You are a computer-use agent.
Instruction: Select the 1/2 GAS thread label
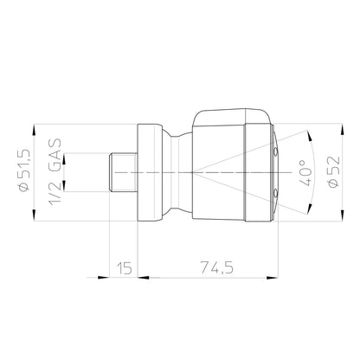click(x=55, y=172)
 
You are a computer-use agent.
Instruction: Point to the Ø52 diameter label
click(x=334, y=171)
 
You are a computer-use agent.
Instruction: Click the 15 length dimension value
click(x=125, y=268)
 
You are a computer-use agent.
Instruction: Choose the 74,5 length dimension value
click(x=217, y=267)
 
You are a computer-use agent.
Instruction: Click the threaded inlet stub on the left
click(x=123, y=172)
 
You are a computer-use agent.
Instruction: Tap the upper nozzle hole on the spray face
click(x=275, y=151)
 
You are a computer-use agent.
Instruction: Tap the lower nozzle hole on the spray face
click(x=275, y=192)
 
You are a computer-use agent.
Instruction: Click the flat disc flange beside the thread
click(x=148, y=172)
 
